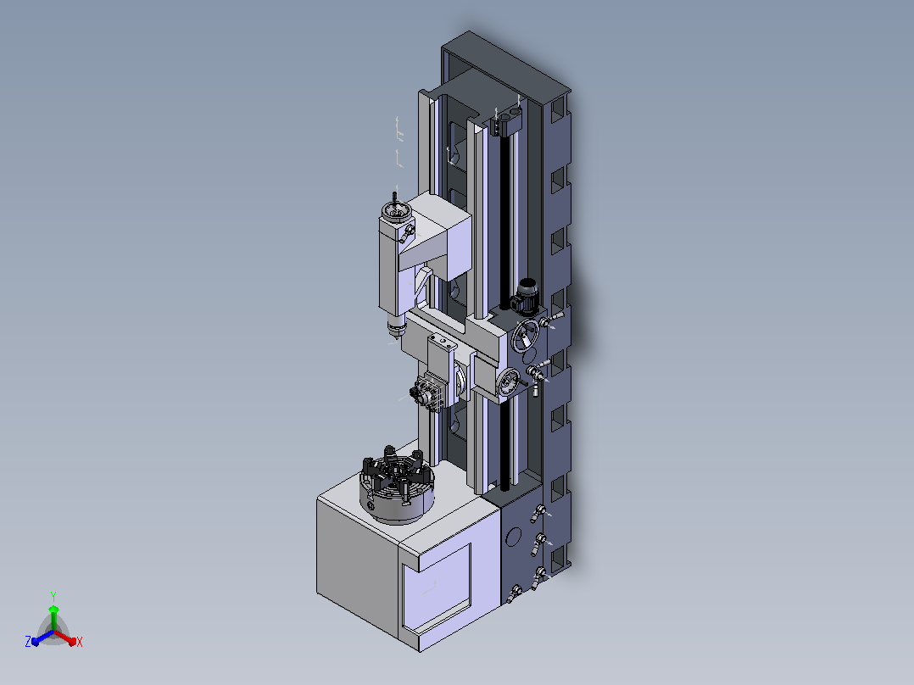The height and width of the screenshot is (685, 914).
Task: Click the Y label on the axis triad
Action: (53, 596)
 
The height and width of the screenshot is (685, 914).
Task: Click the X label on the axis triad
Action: (80, 642)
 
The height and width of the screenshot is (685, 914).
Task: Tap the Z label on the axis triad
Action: (28, 641)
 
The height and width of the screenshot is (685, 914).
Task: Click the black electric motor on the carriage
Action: (524, 296)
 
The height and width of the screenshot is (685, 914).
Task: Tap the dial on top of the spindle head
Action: (394, 212)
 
